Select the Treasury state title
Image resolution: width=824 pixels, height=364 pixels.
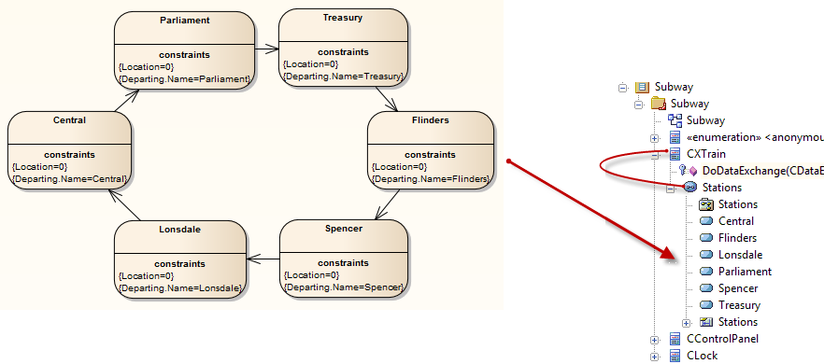pos(344,17)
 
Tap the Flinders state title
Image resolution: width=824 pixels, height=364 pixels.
pos(430,119)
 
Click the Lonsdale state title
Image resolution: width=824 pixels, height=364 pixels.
pos(179,228)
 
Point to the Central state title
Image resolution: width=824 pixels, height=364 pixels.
pos(69,119)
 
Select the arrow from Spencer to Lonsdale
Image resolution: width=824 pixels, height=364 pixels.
pos(263,259)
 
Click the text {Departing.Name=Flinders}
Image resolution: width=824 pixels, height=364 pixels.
pos(431,177)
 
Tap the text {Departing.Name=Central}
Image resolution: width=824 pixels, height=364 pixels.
pos(69,177)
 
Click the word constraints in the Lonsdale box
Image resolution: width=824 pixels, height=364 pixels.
pos(180,262)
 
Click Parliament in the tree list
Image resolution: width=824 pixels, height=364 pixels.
pos(745,272)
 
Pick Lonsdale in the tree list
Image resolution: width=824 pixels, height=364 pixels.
pos(740,255)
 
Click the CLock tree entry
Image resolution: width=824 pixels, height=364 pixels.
pos(702,355)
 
